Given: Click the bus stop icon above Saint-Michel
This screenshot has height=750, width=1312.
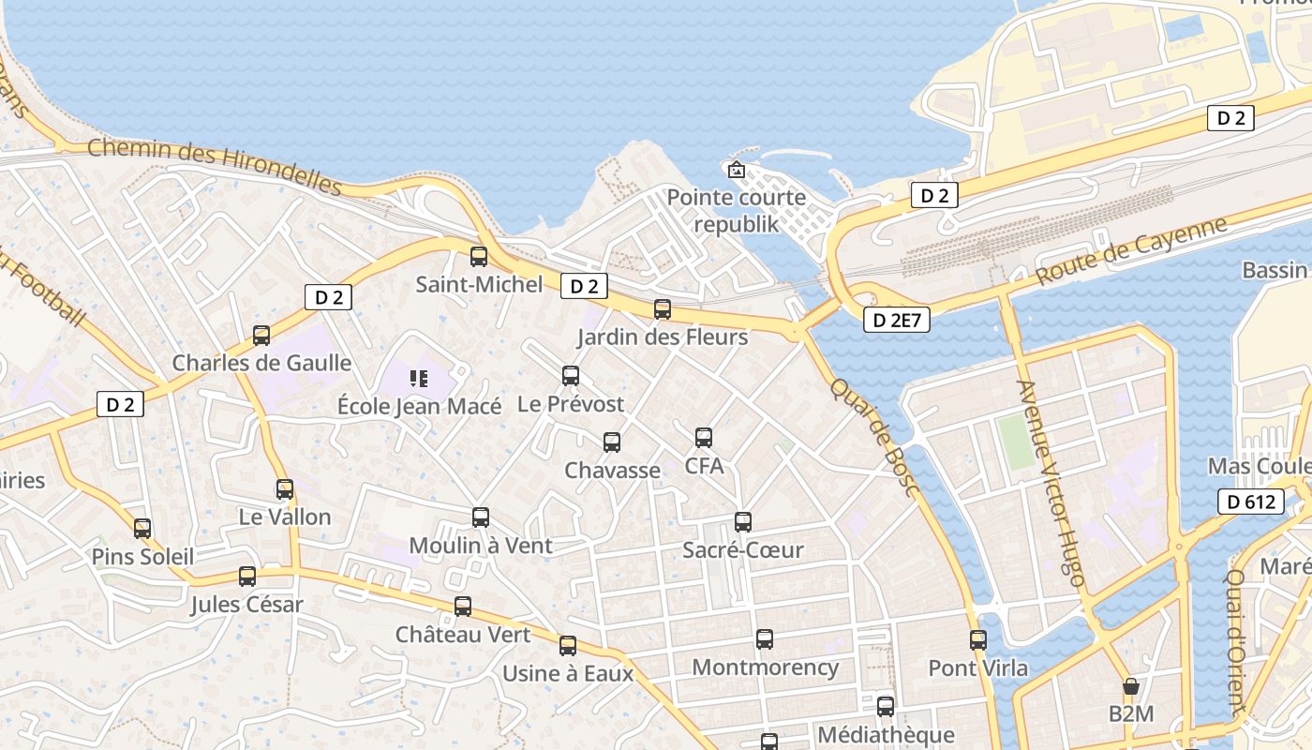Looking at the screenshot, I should [x=479, y=256].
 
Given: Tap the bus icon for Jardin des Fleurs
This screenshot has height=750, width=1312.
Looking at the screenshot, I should [x=663, y=308].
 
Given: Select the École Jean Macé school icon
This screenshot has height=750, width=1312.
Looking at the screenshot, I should [x=419, y=379].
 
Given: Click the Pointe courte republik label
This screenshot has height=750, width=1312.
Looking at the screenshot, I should [x=737, y=211].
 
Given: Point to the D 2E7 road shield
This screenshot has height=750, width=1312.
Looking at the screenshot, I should [x=897, y=320].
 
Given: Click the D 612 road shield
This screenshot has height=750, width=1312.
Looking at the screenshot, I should [x=1251, y=502].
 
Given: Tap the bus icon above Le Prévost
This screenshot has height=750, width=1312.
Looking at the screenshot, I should [x=571, y=376].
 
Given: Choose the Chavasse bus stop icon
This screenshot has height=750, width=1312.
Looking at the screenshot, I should [x=612, y=442].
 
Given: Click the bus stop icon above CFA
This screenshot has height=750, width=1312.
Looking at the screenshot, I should [x=704, y=437].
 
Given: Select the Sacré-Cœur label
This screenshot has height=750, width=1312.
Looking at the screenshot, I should [x=743, y=549].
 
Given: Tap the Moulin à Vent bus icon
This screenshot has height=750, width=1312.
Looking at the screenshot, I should [x=481, y=517].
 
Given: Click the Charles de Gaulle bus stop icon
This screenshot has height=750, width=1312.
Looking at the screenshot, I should [x=261, y=335].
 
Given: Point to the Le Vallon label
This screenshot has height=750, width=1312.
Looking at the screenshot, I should [x=285, y=517].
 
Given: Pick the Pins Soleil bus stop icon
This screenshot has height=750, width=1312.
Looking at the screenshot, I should [x=142, y=528].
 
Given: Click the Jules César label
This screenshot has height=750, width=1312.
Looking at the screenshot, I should [x=247, y=605].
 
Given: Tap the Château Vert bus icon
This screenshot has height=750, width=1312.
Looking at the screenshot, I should [x=463, y=606].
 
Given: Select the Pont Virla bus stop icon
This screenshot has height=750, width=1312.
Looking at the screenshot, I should [x=978, y=640].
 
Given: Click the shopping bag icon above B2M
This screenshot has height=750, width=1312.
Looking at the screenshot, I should [x=1131, y=686].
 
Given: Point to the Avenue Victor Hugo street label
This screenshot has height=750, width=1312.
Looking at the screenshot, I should [x=1051, y=484].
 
